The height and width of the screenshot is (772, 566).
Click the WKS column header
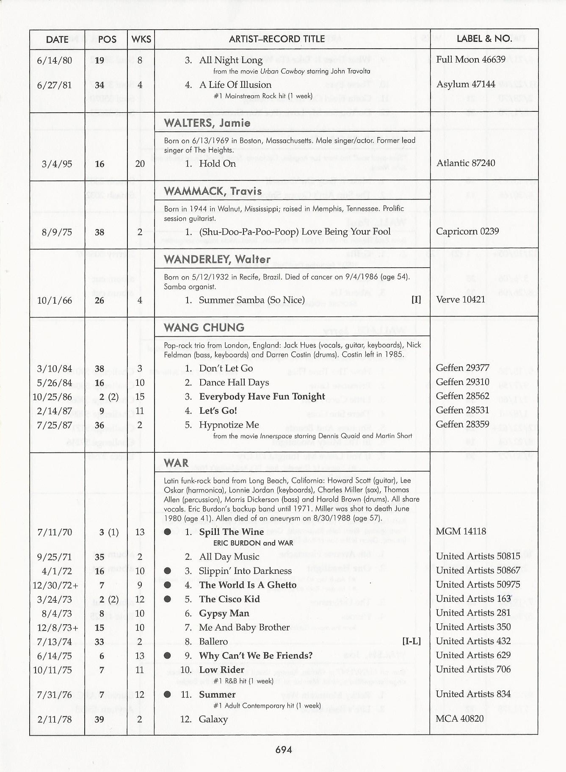click(x=141, y=39)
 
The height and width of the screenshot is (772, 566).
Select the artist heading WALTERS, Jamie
click(x=207, y=123)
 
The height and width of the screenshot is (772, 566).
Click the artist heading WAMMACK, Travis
click(x=213, y=191)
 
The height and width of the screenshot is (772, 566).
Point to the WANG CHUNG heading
click(x=204, y=327)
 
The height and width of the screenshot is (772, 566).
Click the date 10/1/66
click(x=55, y=301)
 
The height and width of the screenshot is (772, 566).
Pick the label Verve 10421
click(x=460, y=299)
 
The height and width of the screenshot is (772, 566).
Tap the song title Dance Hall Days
click(x=234, y=382)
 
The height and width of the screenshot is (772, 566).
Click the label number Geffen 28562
click(x=462, y=396)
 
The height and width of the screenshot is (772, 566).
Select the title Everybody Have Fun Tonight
click(x=262, y=396)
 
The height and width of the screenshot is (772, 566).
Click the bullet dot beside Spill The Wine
click(x=168, y=532)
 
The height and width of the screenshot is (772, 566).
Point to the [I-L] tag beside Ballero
click(x=411, y=641)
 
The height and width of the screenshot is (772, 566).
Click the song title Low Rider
click(x=221, y=670)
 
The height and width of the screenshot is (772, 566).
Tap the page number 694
click(x=283, y=750)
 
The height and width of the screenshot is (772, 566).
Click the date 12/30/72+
click(x=55, y=585)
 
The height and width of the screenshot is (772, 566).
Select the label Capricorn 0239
click(x=467, y=231)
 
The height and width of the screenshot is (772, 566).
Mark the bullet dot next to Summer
click(x=168, y=694)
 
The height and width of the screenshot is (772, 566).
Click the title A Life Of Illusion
click(x=235, y=85)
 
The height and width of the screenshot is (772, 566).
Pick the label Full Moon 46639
click(x=470, y=59)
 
